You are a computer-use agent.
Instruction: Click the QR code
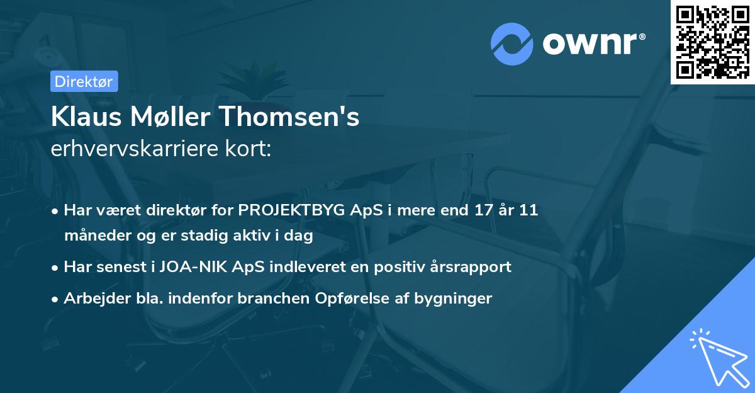click(x=712, y=42)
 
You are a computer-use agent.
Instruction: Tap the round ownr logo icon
click(x=512, y=43)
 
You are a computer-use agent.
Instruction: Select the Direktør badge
click(x=84, y=81)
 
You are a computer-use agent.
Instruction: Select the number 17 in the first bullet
click(x=479, y=210)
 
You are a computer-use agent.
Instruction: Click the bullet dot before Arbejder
click(x=56, y=299)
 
